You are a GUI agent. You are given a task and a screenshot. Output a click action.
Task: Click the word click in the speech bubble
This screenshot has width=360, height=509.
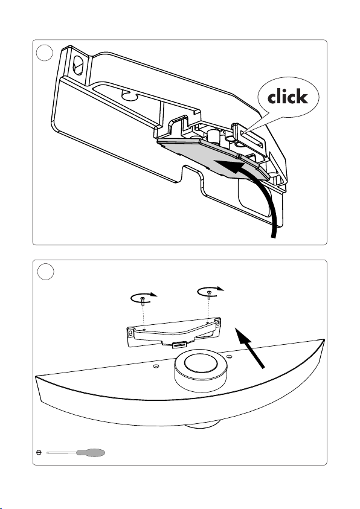point(288,97)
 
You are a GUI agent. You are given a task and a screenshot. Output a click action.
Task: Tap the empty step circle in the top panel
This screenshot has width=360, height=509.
point(45,53)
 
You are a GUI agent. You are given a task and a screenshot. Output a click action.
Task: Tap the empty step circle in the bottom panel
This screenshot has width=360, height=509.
point(46,272)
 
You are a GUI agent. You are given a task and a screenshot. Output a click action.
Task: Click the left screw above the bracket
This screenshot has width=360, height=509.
point(142,301)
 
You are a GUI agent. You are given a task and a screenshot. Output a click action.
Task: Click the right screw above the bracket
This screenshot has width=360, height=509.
point(210,295)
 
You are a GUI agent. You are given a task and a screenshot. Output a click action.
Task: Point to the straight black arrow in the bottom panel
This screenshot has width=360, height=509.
point(249,348)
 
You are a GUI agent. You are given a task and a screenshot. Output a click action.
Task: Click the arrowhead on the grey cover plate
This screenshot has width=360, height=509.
point(231,166)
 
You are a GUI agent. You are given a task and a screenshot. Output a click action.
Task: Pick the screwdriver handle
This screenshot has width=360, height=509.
point(91,452)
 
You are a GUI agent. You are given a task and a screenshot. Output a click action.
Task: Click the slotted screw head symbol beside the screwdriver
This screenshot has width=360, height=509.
point(39,452)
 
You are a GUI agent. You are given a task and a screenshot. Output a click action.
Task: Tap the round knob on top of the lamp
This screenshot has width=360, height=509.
point(198,370)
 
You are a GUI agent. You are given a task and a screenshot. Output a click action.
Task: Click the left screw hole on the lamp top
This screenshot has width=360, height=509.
point(156,366)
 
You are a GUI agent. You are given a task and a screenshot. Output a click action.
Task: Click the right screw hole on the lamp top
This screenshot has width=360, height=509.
point(229,356)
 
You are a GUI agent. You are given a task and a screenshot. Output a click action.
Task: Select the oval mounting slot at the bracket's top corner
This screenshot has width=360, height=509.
point(79,65)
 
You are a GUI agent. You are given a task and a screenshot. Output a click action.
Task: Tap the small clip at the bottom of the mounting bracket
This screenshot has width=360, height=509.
point(178,344)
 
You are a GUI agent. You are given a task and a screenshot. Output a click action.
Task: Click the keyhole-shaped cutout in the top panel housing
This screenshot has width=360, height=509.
point(129,95)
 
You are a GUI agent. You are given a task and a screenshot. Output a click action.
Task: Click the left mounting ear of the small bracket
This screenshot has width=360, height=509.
point(130,333)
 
